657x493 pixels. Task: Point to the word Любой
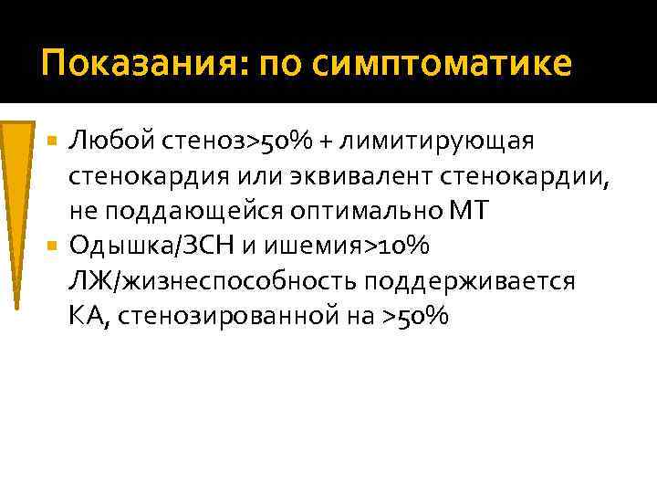pos(106,142)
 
